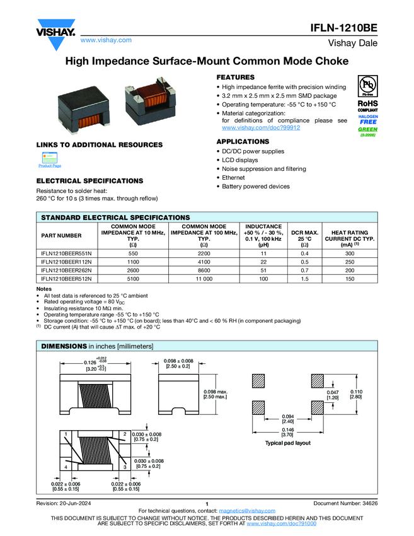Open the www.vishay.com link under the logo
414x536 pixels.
[106, 40]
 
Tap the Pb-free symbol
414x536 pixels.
[367, 86]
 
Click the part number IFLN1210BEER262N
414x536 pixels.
[66, 269]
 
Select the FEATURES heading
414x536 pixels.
[236, 77]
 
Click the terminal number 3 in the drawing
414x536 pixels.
[125, 467]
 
